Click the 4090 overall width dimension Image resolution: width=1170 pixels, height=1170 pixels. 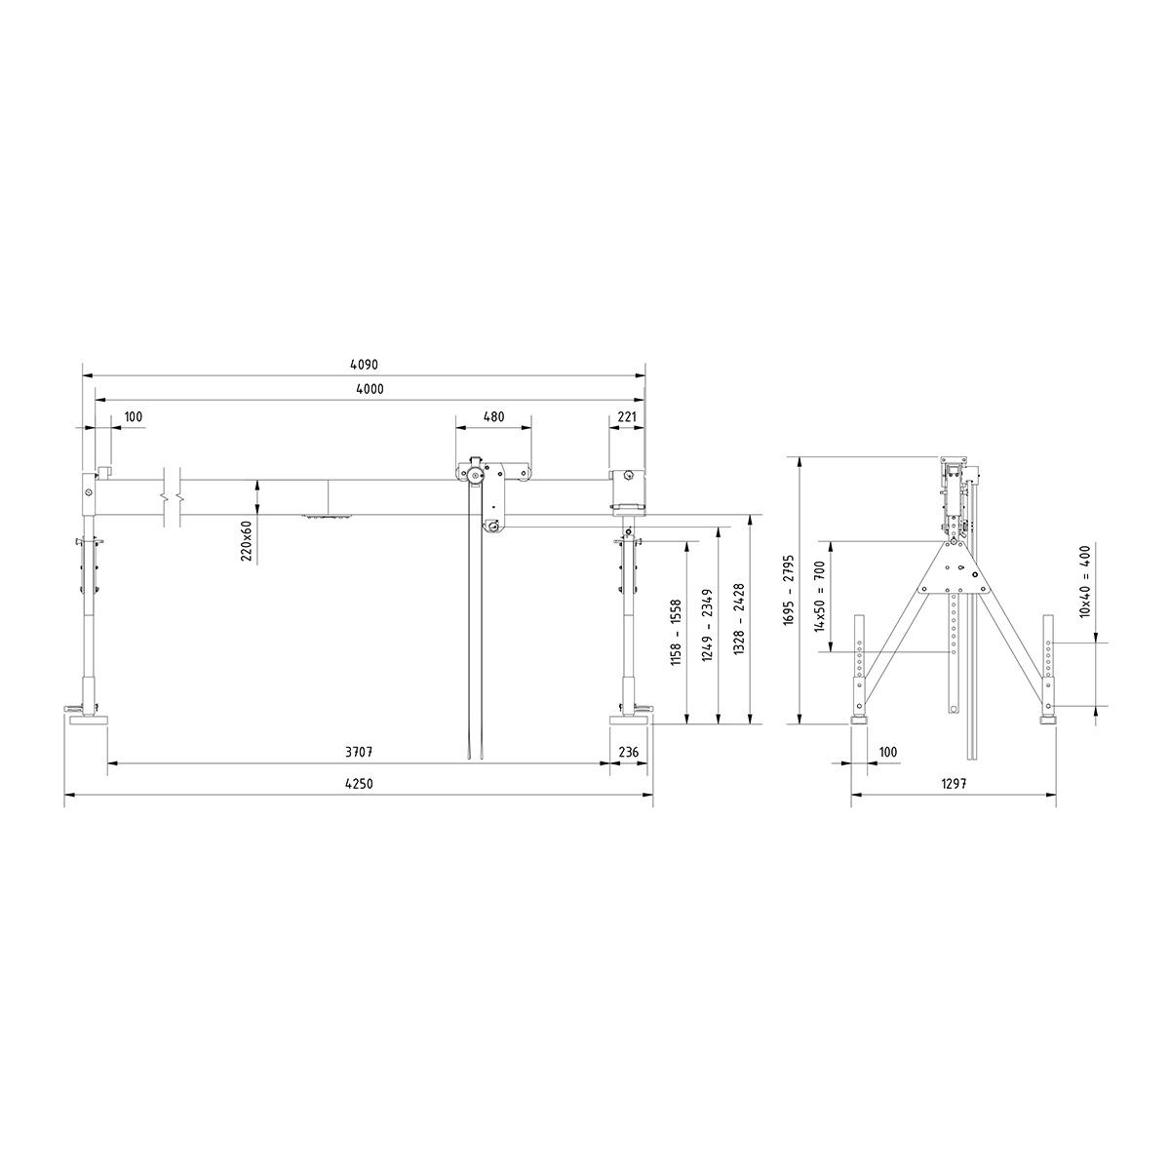(x=363, y=365)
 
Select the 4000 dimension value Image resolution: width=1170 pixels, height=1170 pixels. (x=370, y=389)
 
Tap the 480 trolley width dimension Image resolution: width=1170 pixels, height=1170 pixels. (x=493, y=416)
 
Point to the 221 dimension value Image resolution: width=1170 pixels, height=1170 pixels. (x=627, y=416)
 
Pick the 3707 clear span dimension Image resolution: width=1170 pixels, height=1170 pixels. (x=360, y=753)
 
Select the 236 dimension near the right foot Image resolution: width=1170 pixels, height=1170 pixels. (x=629, y=753)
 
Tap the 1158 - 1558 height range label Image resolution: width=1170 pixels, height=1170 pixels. (x=676, y=634)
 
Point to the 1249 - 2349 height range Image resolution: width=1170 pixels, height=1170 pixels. (x=707, y=625)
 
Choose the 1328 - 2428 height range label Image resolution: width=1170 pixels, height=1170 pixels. (x=739, y=618)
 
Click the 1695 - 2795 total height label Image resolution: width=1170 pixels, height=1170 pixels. (x=789, y=590)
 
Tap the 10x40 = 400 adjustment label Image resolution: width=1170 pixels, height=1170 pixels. (x=1084, y=581)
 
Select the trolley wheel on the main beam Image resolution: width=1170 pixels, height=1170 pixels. (x=474, y=476)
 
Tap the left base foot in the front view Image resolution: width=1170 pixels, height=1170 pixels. (x=87, y=721)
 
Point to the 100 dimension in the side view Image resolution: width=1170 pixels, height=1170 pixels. (x=887, y=753)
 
